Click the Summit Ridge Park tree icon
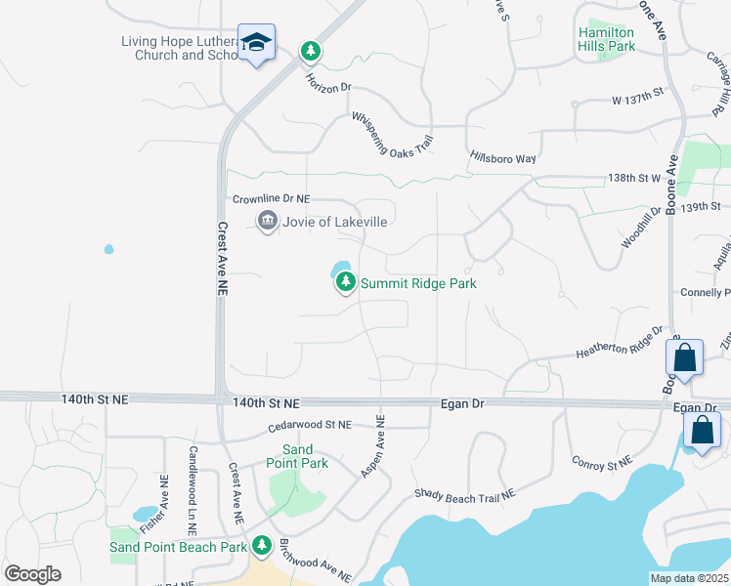click(345, 283)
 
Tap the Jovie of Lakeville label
click(335, 222)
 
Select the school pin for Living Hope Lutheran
click(257, 43)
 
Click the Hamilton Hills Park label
click(606, 39)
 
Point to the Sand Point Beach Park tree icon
click(261, 545)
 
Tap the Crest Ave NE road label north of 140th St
click(222, 259)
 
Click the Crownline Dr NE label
click(271, 198)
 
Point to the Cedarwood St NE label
click(309, 425)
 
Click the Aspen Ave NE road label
click(374, 445)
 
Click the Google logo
click(32, 574)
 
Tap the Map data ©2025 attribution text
click(688, 578)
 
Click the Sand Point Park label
click(298, 456)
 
